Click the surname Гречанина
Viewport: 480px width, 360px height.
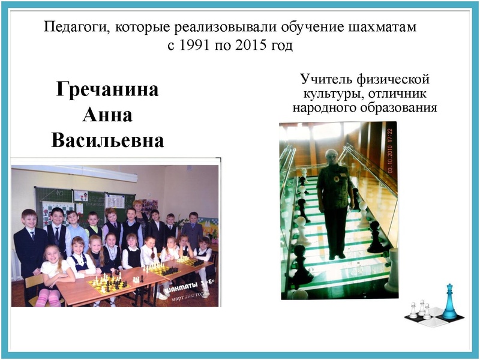click(107, 90)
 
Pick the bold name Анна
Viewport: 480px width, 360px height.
click(107, 115)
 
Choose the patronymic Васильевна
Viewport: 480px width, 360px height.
click(107, 140)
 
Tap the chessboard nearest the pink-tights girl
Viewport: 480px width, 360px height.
click(108, 281)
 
